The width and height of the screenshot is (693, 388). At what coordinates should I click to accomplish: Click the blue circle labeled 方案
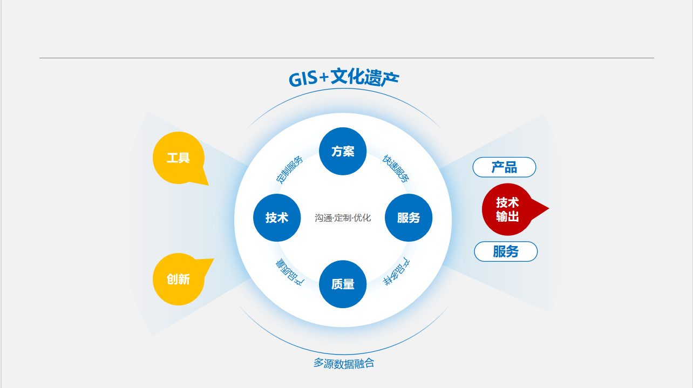tap(343, 151)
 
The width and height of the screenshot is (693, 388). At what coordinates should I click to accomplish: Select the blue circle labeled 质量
tap(343, 284)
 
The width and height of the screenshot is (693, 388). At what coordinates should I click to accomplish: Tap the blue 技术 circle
tap(277, 217)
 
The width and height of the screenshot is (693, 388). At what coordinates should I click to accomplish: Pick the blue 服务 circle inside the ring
tap(409, 217)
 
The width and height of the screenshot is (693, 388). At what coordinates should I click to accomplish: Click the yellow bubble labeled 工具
tap(179, 158)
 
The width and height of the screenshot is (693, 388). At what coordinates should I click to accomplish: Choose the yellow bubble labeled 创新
tap(179, 279)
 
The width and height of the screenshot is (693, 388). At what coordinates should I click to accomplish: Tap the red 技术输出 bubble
tap(507, 209)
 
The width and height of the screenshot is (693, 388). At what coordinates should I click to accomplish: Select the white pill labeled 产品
tap(504, 167)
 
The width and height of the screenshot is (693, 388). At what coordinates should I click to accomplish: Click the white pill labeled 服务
tap(506, 251)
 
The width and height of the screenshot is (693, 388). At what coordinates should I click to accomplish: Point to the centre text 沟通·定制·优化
tap(343, 218)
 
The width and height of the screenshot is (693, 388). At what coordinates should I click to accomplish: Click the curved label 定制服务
tap(289, 169)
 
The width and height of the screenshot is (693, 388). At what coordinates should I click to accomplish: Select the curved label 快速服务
tap(396, 168)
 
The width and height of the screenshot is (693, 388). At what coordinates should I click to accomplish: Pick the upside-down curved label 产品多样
tap(397, 271)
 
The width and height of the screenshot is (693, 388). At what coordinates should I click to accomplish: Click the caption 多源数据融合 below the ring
tap(344, 363)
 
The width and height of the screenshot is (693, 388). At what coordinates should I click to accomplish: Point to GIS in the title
tap(303, 79)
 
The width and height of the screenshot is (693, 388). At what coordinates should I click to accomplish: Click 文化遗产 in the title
tap(365, 77)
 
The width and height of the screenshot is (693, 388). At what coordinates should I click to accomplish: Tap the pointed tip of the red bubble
tap(549, 208)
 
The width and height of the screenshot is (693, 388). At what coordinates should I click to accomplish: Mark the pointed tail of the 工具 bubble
tap(208, 185)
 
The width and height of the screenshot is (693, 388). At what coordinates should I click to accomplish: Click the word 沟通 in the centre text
tap(324, 218)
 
